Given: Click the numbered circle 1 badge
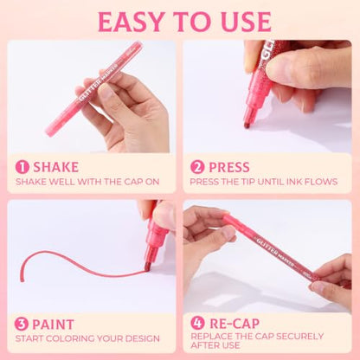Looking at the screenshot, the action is pyautogui.click(x=22, y=167).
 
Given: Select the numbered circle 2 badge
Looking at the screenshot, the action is pyautogui.click(x=197, y=167).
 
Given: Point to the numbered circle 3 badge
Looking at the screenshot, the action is pyautogui.click(x=22, y=325).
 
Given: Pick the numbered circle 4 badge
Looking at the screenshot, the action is pyautogui.click(x=197, y=323).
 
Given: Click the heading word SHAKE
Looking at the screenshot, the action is pyautogui.click(x=56, y=167).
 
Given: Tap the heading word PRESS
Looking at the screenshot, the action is pyautogui.click(x=229, y=167).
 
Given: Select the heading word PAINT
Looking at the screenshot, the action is pyautogui.click(x=54, y=325).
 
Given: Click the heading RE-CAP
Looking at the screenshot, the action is pyautogui.click(x=235, y=324).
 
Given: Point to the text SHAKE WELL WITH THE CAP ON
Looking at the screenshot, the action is pyautogui.click(x=87, y=182).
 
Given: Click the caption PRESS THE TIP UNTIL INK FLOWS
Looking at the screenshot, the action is pyautogui.click(x=264, y=182).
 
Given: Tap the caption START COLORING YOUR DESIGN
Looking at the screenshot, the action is pyautogui.click(x=87, y=338).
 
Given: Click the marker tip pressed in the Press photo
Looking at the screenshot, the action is pyautogui.click(x=247, y=125).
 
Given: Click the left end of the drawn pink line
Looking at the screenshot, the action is pyautogui.click(x=22, y=280).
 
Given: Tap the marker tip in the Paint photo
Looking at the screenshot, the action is pyautogui.click(x=147, y=268).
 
